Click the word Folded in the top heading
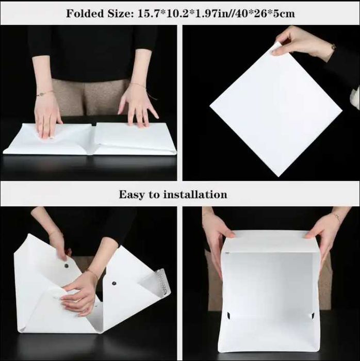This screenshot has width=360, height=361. [x=85, y=13]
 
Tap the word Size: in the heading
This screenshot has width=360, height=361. [x=120, y=13]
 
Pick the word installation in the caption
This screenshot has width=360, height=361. [x=195, y=194]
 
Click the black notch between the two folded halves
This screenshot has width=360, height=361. [x=94, y=124]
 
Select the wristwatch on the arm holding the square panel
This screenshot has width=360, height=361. [x=333, y=46]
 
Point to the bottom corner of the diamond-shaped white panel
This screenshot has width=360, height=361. [x=279, y=177]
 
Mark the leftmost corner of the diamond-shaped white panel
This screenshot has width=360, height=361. [x=210, y=106]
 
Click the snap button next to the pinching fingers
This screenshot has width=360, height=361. [x=67, y=266]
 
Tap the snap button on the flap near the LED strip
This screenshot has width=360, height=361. [x=114, y=283]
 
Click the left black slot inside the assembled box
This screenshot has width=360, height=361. [x=229, y=316]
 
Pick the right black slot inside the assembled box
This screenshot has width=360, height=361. [x=313, y=316]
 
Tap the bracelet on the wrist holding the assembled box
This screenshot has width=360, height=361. [x=337, y=217]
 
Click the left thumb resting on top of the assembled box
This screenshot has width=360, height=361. [x=230, y=235]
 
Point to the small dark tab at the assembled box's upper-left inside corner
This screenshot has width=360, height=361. [x=227, y=253]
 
